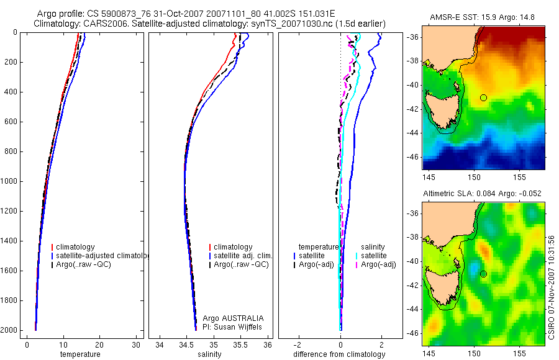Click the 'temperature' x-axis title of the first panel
click(80, 354)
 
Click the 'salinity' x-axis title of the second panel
click(210, 354)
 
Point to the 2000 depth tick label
click(10, 330)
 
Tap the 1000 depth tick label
click(10, 181)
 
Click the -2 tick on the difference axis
click(299, 344)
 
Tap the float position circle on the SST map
click(484, 97)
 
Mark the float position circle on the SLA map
click(484, 274)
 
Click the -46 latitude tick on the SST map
click(413, 157)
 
